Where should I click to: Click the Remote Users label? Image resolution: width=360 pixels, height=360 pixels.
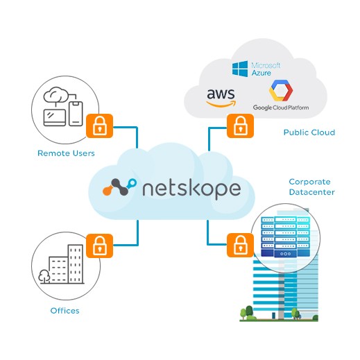point(65,153)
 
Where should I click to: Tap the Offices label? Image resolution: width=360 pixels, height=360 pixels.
point(65,311)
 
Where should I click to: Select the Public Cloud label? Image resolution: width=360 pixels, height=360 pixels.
point(309,132)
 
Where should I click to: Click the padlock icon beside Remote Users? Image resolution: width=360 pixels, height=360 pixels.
point(100,128)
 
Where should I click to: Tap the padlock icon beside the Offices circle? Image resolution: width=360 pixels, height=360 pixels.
point(100,244)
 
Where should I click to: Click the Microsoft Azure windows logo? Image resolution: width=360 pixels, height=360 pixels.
point(239,69)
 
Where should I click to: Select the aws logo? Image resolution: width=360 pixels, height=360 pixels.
point(221,97)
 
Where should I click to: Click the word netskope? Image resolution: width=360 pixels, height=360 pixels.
point(192,188)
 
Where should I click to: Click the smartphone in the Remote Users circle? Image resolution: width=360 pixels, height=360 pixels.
point(76,112)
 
